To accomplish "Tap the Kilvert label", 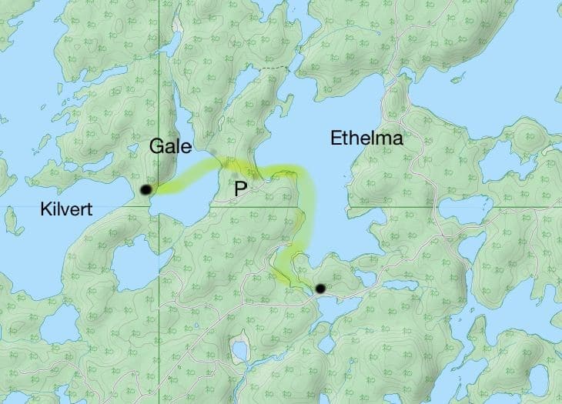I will coord(65,209).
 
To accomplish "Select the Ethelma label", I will coord(366,139).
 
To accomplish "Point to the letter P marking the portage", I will coord(239,189).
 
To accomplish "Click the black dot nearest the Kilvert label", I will coord(146,189).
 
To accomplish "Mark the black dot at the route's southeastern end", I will coord(320,289).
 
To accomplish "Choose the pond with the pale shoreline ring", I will coord(240,351).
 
